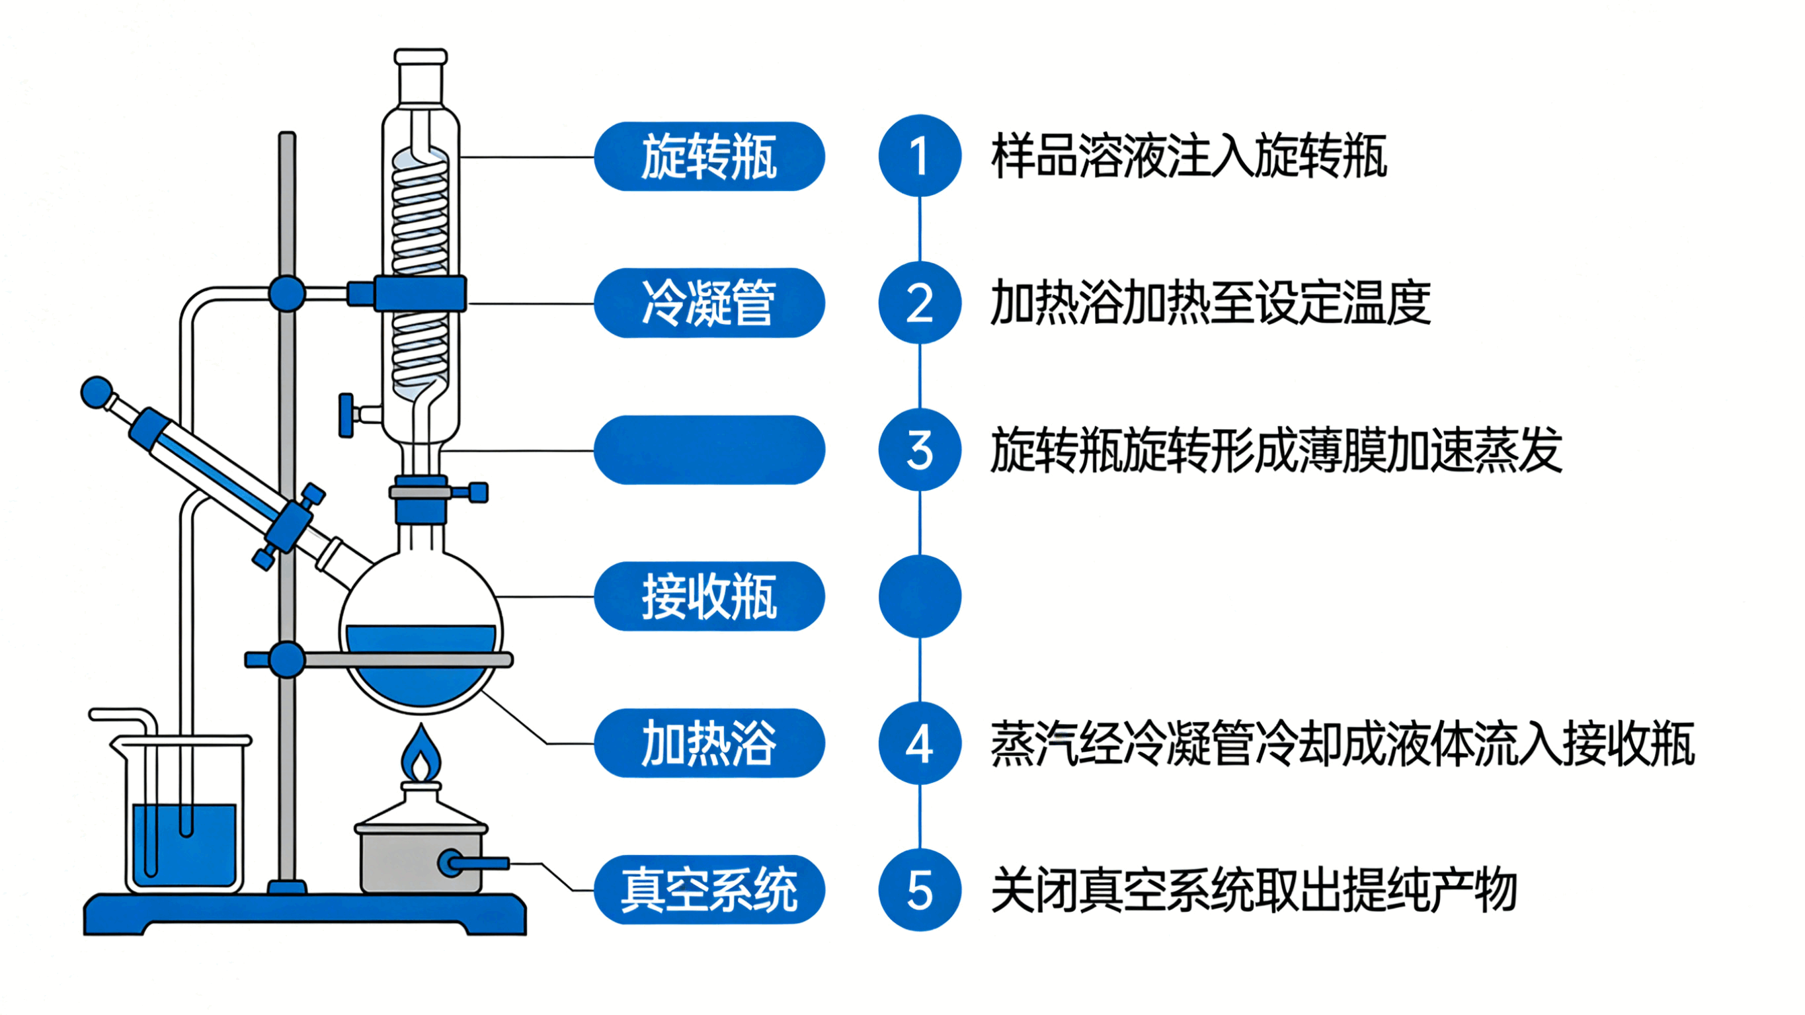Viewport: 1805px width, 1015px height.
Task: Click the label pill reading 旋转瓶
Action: coord(709,156)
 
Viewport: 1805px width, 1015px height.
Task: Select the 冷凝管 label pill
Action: coord(709,303)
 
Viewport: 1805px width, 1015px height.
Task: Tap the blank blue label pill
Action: coord(709,450)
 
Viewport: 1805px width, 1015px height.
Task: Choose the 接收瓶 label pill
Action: coord(709,596)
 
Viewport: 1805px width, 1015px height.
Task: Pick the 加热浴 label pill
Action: coord(709,743)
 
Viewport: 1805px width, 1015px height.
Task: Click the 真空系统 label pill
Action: coord(709,889)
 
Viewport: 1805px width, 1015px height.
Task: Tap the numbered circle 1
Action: coord(919,155)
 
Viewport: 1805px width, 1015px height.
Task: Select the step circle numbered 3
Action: coord(919,450)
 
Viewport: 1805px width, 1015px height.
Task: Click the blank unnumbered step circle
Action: coord(919,596)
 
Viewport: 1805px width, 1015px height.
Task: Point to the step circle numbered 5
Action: coord(919,890)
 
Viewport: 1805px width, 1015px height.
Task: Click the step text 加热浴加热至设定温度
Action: coord(1210,303)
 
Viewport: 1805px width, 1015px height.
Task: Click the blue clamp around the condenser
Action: coord(419,294)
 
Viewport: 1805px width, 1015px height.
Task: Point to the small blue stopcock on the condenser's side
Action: coord(346,415)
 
